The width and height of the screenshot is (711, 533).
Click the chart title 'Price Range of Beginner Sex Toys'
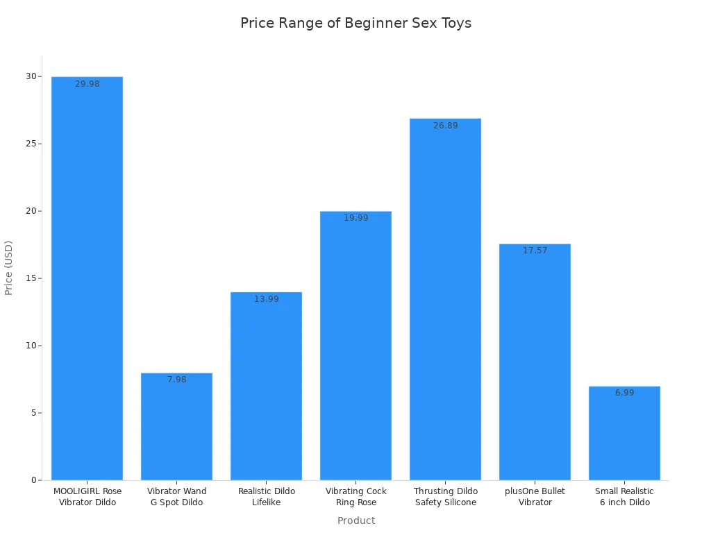(x=355, y=23)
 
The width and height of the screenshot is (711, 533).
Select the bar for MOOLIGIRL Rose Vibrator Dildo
(x=87, y=278)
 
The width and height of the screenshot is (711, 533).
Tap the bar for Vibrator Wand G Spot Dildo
(x=176, y=426)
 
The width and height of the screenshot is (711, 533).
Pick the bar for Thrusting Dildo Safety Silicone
(x=445, y=298)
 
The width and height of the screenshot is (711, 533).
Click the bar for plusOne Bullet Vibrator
(x=535, y=362)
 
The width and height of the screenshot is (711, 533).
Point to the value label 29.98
(x=87, y=84)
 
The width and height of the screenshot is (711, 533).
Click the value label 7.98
(x=177, y=380)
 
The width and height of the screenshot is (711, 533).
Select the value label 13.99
(x=267, y=299)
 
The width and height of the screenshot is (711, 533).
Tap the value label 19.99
(x=356, y=218)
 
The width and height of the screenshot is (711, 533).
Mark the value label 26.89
(x=446, y=126)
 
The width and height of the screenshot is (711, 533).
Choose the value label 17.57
(x=535, y=251)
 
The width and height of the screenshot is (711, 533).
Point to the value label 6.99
(x=625, y=393)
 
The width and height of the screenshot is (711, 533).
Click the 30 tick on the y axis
(x=31, y=76)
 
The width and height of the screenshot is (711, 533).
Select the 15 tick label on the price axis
(x=31, y=278)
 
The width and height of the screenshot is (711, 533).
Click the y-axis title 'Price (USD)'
(x=9, y=268)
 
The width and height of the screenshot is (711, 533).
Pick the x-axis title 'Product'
(x=356, y=521)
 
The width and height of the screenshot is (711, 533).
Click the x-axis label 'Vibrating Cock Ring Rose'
(x=356, y=497)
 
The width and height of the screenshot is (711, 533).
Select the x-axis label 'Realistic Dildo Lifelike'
(x=267, y=497)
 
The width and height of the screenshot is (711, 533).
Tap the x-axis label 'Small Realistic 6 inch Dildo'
(x=624, y=497)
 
